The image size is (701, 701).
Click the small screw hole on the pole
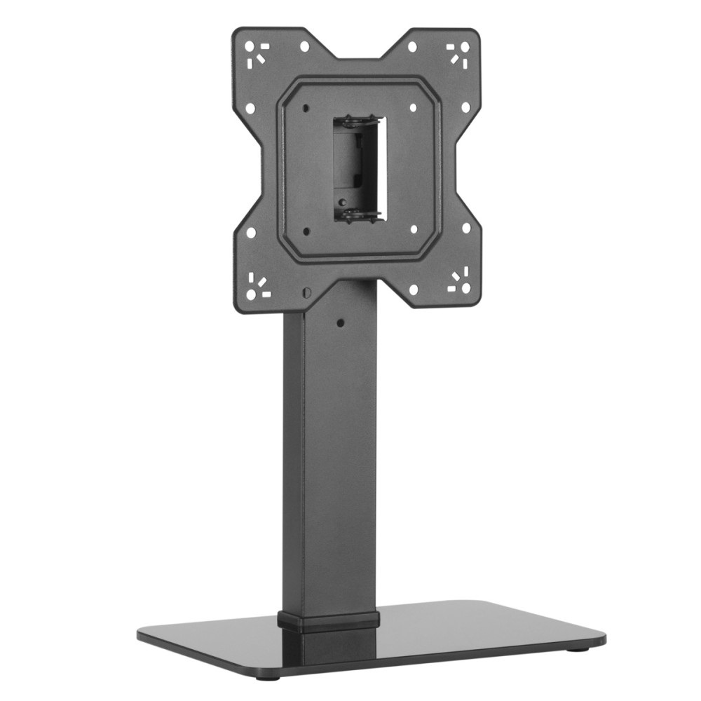(340, 323)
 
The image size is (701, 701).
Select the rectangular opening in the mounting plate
(358, 168)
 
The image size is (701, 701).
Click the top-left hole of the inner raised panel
(306, 108)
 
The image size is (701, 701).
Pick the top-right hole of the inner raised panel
(413, 108)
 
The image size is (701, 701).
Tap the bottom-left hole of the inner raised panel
(306, 230)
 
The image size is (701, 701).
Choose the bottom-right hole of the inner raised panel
(414, 229)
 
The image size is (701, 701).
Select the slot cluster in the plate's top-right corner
(459, 52)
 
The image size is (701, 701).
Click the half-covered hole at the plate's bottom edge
(306, 291)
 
